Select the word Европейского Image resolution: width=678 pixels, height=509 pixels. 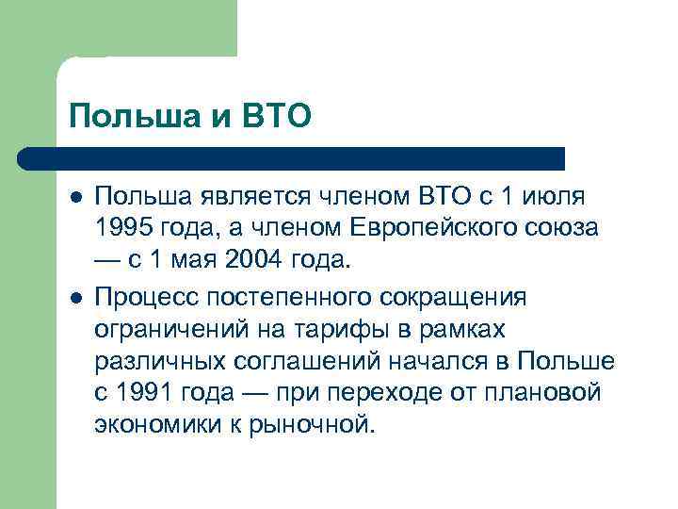pyautogui.click(x=431, y=229)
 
